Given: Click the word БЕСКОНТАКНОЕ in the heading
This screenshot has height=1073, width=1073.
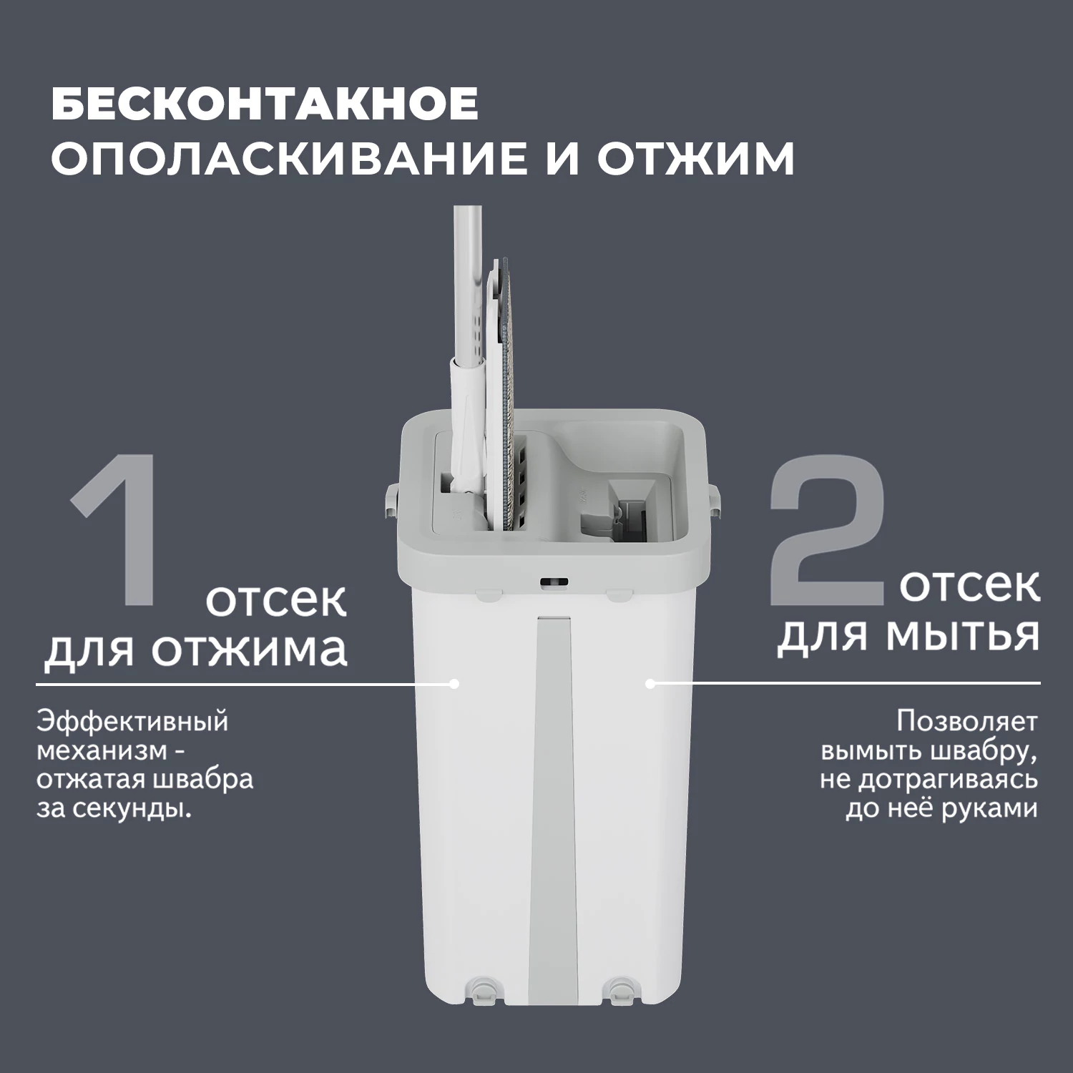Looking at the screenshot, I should click(265, 104).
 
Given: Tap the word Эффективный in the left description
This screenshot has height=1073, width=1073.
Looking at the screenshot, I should click(132, 721).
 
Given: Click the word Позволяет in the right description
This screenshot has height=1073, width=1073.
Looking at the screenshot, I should click(966, 721).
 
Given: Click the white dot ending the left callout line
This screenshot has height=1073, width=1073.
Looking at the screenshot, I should click(454, 684).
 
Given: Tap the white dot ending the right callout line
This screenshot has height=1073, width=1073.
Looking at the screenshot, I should click(650, 684).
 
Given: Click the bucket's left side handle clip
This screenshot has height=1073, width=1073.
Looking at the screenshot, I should click(391, 501).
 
